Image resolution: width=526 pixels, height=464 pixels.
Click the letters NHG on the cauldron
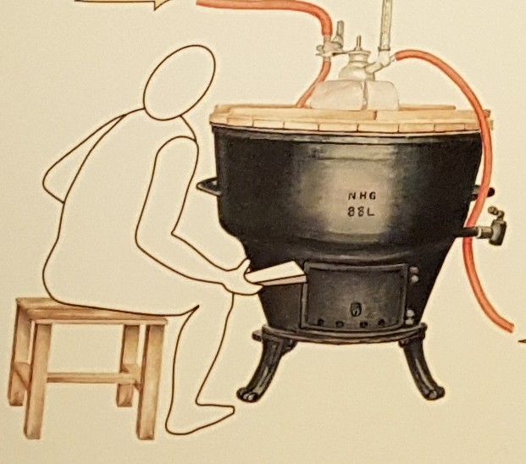tap(362, 196)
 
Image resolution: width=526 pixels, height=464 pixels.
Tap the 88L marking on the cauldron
tap(361, 212)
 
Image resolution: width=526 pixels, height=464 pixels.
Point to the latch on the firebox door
tap(355, 309)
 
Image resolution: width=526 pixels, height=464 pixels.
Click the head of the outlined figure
tap(180, 82)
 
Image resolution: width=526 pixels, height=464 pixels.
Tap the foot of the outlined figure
tap(202, 419)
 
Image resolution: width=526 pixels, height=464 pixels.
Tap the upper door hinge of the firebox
tap(414, 274)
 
